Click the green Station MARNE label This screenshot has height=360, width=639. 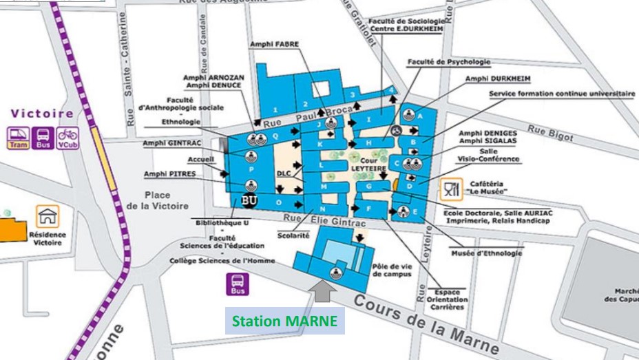pos(284,321)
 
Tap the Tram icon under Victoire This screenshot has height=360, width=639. pos(18,138)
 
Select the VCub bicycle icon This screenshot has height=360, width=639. pos(67,138)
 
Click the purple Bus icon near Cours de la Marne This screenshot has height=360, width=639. pos(238,284)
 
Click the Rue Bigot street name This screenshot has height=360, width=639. pos(550,132)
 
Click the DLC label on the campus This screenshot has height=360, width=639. pos(284,173)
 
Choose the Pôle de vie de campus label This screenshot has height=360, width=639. pos(391,269)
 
